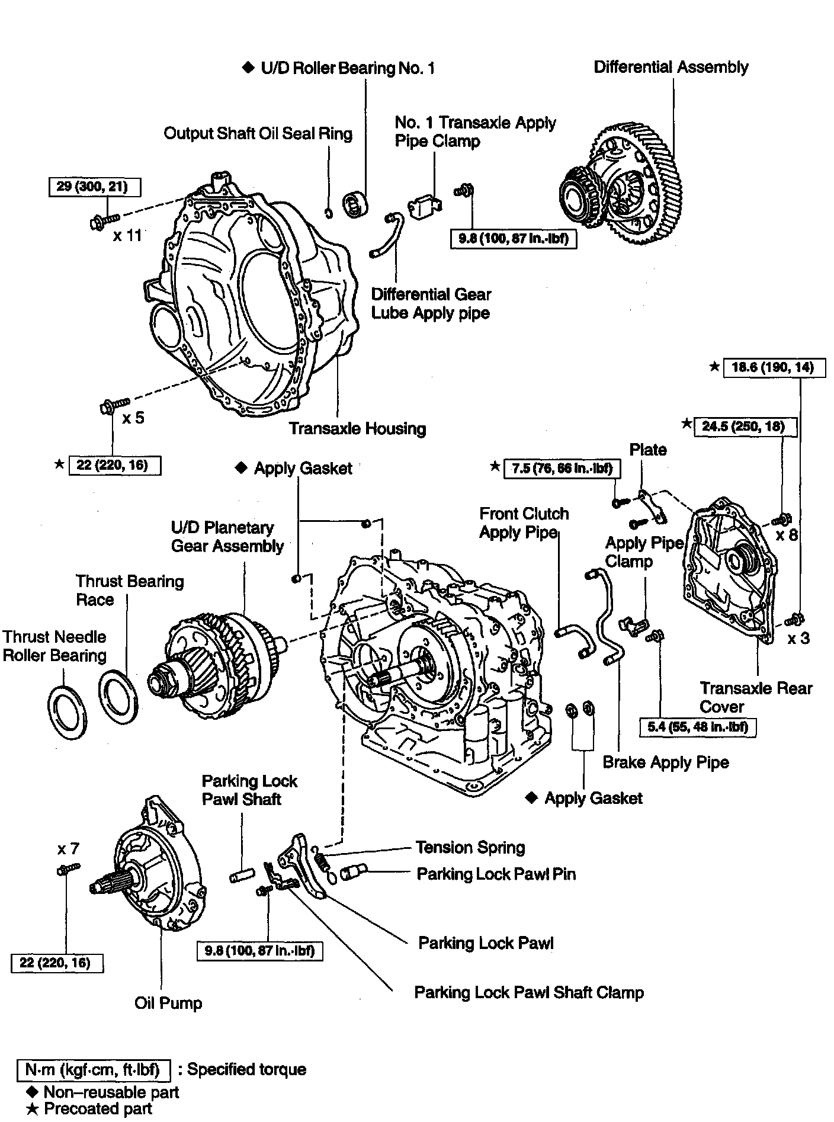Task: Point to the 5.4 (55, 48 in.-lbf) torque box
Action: point(697,726)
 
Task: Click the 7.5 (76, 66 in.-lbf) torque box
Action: point(562,469)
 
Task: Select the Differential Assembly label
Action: point(671,67)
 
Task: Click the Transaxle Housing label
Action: point(357,428)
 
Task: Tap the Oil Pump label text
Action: point(168,1003)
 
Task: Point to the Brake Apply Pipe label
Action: point(665,762)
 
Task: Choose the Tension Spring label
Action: point(470,848)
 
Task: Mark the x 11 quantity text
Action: point(127,235)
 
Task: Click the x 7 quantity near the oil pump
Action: point(68,849)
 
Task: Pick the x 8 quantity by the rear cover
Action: point(787,535)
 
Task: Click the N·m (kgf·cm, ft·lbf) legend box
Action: point(93,1069)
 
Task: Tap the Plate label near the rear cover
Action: point(647,450)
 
